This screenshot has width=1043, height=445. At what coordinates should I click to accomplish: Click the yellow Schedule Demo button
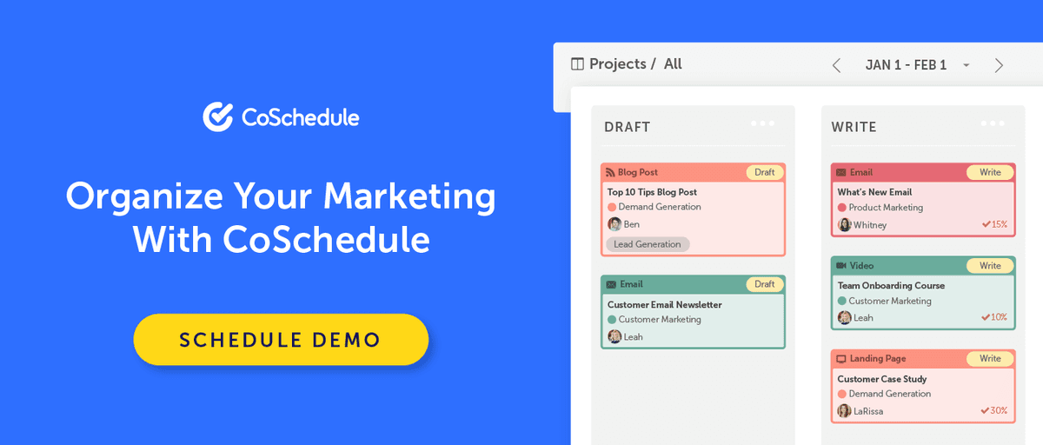pos(281,339)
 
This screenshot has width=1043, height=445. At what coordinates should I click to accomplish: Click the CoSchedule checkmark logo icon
pos(217,116)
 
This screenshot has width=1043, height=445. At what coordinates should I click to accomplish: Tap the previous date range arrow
pos(836,65)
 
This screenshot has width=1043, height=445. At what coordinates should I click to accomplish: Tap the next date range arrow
pos(999,65)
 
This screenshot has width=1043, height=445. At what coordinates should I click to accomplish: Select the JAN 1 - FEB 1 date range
pos(906,65)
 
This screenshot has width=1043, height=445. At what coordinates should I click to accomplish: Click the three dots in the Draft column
pos(762,123)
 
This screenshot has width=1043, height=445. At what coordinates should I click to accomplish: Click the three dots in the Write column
pos(993,123)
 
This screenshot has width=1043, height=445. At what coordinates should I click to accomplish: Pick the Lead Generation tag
pos(648,244)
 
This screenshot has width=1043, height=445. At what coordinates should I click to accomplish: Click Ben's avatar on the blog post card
pos(615,224)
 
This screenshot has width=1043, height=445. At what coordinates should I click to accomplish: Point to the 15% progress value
pos(994,224)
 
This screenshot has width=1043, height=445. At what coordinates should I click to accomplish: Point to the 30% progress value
pos(994,410)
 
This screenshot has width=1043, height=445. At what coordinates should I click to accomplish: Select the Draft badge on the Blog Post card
pos(765,172)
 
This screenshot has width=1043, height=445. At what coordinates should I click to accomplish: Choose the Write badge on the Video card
pos(990,265)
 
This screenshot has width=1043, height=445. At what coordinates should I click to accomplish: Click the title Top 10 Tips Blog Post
pos(652,192)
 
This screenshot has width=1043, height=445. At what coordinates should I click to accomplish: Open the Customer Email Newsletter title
pos(664,305)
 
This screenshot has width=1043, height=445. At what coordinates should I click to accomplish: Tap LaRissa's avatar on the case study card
pos(844,410)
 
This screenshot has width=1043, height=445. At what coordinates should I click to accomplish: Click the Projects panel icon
pos(577,63)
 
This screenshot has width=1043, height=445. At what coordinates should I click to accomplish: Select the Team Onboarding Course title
pos(891,285)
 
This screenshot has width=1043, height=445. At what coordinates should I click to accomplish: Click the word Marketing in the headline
pos(409,196)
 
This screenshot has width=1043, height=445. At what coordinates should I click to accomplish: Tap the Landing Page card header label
pos(878,358)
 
